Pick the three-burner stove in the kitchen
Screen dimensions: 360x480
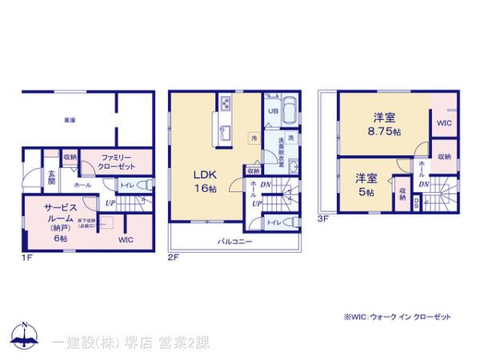(x=226, y=104)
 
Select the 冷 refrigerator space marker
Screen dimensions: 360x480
(x=254, y=138)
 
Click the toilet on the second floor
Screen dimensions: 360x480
(x=290, y=222)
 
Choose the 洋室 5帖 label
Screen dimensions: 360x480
(x=368, y=185)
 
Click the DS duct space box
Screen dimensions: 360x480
(x=416, y=202)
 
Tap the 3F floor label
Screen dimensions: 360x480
(x=323, y=217)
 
